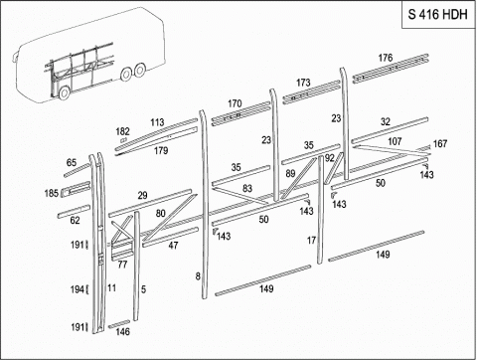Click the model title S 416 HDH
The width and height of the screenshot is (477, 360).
coord(437,15)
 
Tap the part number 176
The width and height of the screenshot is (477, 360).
coord(386,58)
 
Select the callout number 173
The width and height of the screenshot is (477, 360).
coord(303,83)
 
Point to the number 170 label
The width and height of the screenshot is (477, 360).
coord(235,103)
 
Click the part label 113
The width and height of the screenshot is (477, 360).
coord(157,122)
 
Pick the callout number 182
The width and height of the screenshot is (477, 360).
coord(122,131)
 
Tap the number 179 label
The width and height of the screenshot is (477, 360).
coord(161,150)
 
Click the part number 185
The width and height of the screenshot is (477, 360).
coord(52,193)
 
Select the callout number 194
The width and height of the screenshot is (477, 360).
coord(78,289)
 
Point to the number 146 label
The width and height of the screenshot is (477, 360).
coord(122,331)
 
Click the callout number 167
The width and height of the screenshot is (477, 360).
coord(440,143)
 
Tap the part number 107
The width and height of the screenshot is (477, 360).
coord(395,141)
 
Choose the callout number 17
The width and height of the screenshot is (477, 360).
coord(311,241)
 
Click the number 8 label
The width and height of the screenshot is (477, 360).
coord(198,275)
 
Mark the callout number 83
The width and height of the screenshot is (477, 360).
coord(247,188)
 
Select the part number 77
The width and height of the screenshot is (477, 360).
coord(122,265)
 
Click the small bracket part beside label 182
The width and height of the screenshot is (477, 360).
coord(124,140)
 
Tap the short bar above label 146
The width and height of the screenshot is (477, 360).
coord(119,324)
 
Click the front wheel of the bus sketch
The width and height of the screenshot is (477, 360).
coord(65,92)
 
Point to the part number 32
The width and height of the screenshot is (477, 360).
coord(386,121)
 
